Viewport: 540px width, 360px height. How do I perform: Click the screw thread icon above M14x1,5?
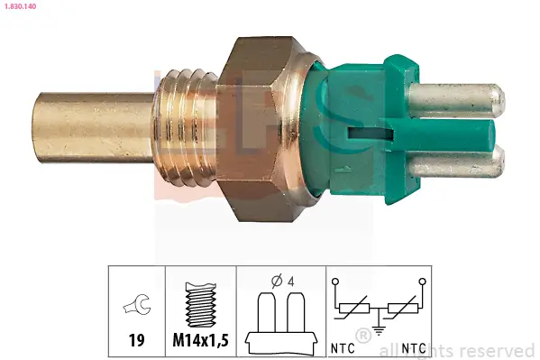[x=199, y=305]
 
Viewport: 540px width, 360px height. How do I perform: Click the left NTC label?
[x=342, y=347]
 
